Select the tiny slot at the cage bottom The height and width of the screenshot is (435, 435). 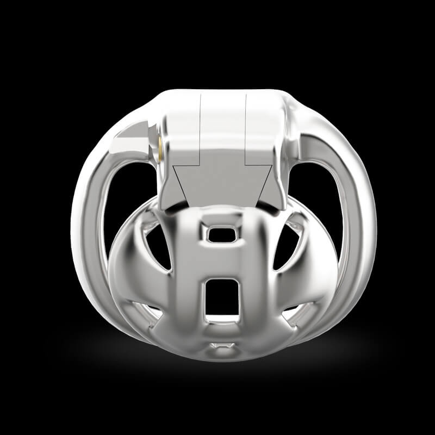pyautogui.click(x=222, y=345)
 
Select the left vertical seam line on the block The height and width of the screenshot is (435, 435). pyautogui.click(x=201, y=130)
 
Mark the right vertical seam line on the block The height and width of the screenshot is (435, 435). pyautogui.click(x=246, y=130)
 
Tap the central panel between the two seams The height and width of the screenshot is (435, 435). pyautogui.click(x=223, y=125)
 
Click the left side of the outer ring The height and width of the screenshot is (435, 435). pyautogui.click(x=87, y=217)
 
